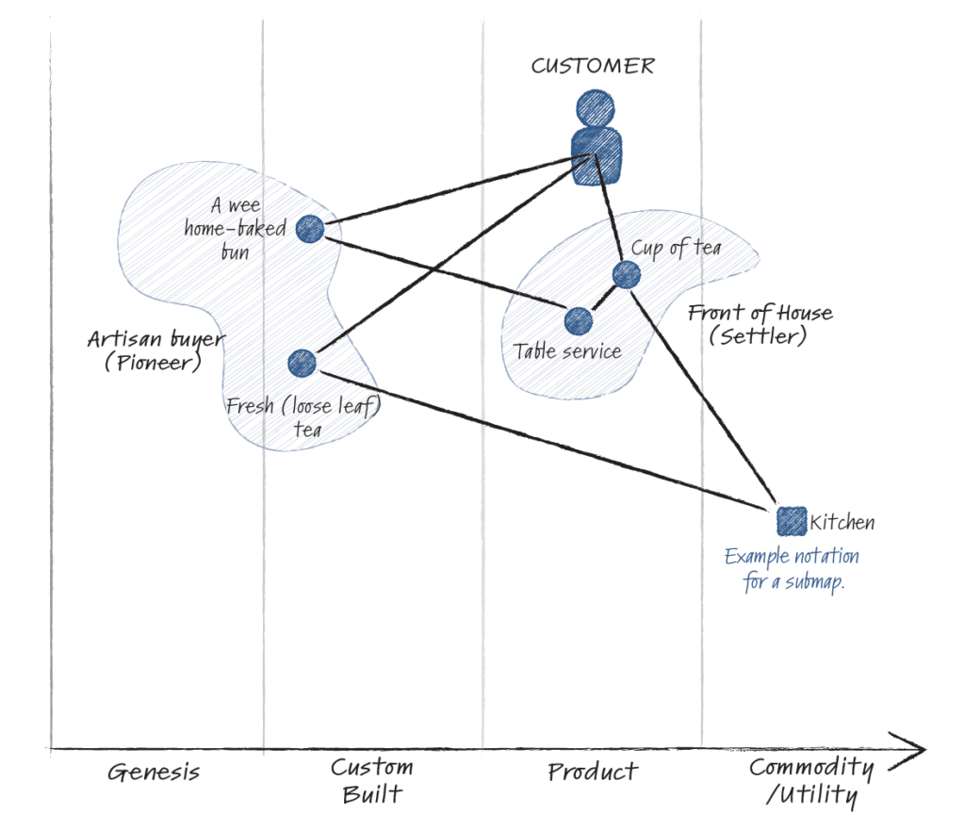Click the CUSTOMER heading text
coord(592,66)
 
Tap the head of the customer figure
coord(596,107)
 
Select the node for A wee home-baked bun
coord(310,228)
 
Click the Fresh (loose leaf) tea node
coord(302,363)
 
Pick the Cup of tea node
coord(626,275)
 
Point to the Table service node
coord(578,320)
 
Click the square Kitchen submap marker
coord(791,520)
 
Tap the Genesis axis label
coord(153,773)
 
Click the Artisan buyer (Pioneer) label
coord(155,350)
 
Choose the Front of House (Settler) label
coord(760,324)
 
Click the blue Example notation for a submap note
coord(792,569)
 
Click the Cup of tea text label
coord(676,248)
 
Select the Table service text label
coord(566,351)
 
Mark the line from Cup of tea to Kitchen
coord(702,396)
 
